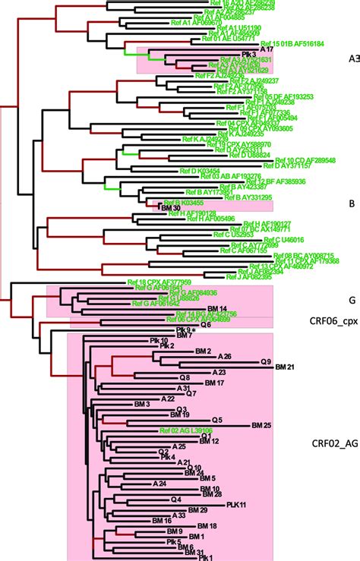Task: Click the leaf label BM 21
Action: (x=285, y=367)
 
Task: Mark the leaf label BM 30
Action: (x=170, y=207)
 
